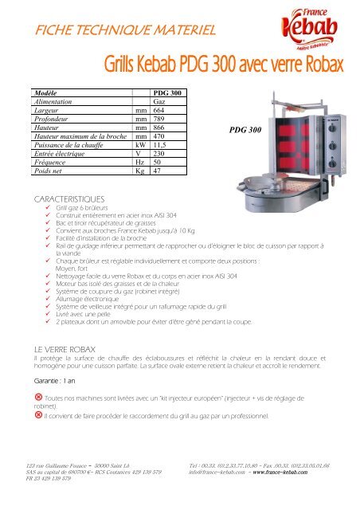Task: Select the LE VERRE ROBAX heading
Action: click(x=61, y=349)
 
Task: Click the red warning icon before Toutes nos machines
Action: click(x=32, y=396)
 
